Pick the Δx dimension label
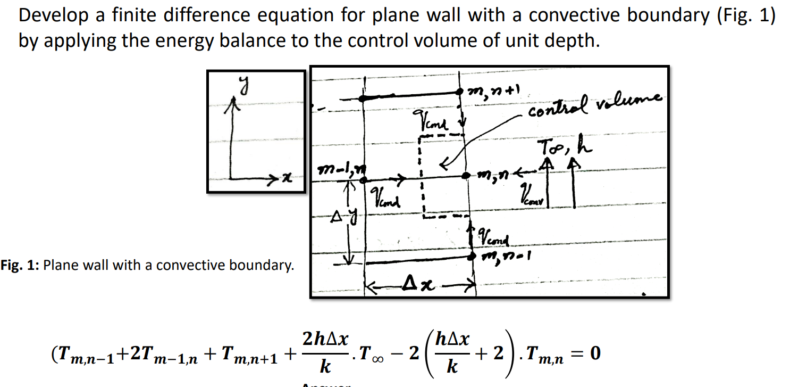point(418,288)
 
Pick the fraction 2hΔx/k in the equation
point(324,352)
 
